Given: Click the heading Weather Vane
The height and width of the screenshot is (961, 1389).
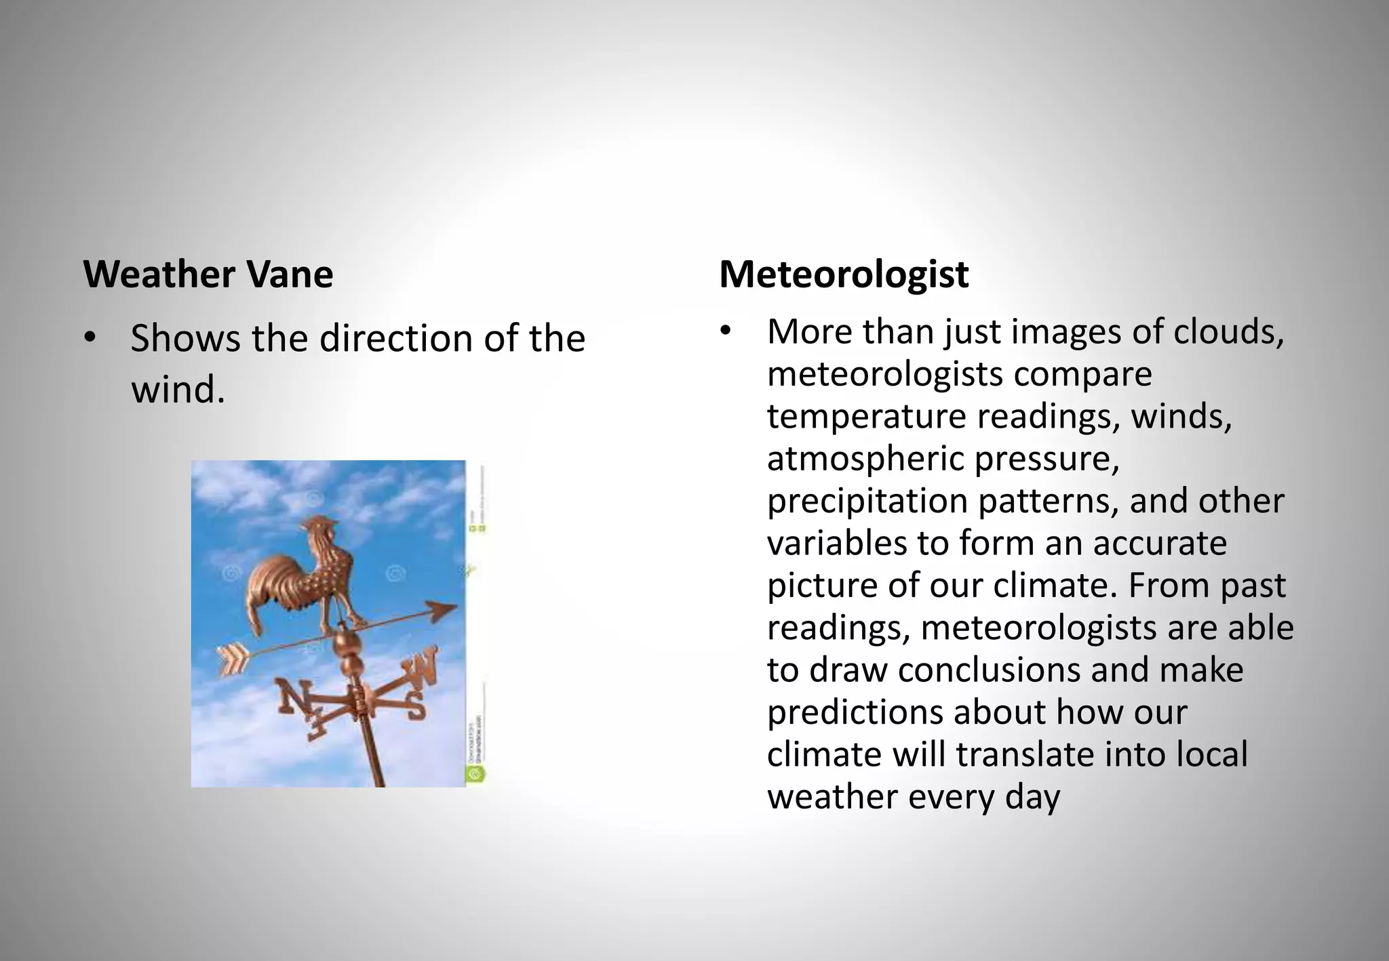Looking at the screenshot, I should (x=208, y=274).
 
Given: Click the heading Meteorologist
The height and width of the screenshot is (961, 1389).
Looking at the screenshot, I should (x=843, y=274).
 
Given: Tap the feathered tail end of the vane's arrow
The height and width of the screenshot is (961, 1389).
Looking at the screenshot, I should (x=231, y=659).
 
